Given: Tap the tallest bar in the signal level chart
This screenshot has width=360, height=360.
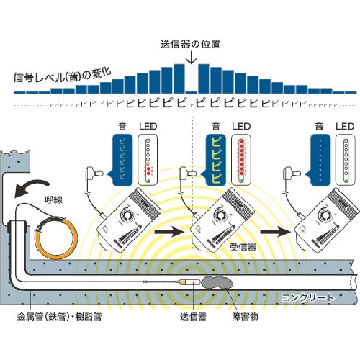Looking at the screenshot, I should coord(203,78).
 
